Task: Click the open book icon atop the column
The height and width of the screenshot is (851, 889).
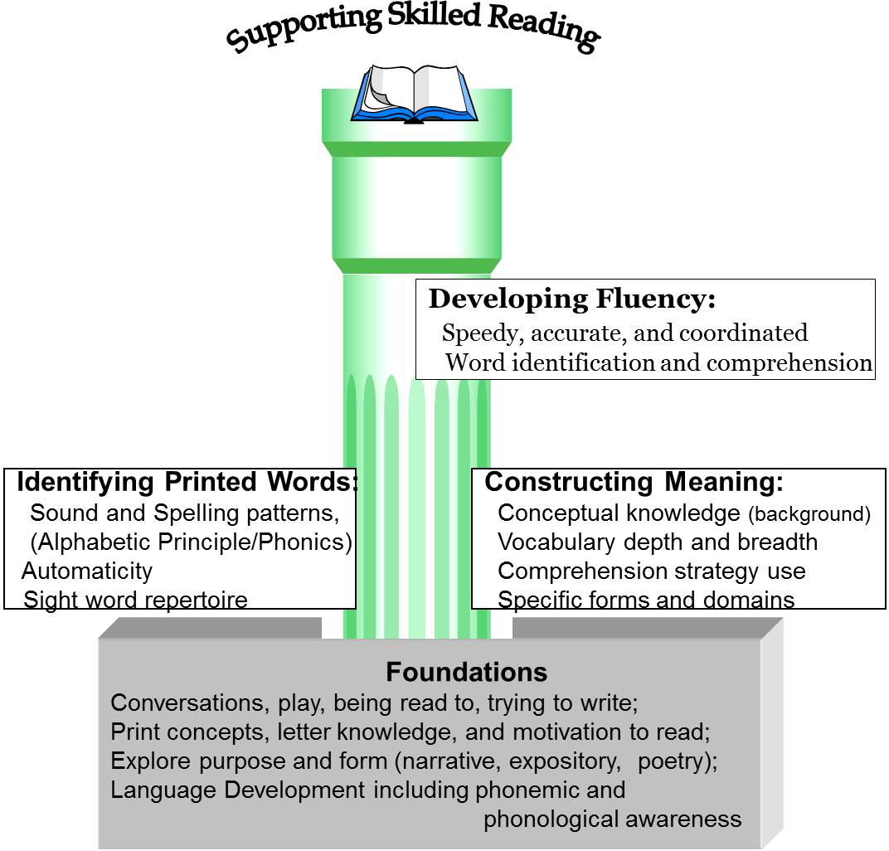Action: coord(414,94)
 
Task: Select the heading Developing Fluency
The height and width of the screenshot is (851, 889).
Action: coord(571,299)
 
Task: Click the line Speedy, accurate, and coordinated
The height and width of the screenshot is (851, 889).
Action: coord(624,333)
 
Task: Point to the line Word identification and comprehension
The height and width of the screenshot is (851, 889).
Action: coord(658,363)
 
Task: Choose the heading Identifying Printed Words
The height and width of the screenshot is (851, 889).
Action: coord(187,482)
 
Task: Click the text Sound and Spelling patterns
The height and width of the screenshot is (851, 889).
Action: coord(184,513)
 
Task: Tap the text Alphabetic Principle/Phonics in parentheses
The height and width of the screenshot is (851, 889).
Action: coord(191,542)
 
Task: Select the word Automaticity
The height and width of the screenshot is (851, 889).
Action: coord(87,571)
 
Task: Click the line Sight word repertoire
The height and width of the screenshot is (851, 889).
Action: coord(135,599)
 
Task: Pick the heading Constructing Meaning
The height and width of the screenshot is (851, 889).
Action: coord(634,482)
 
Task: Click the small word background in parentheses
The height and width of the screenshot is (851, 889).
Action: coord(809,515)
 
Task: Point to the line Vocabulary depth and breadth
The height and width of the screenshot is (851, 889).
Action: coord(657,542)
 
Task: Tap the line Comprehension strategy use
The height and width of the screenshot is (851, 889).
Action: coord(651,571)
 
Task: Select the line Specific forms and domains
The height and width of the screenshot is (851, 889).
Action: coord(645,600)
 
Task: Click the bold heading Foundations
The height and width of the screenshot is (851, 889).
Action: coord(466,671)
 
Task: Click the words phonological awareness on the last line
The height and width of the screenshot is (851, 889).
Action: coord(612,819)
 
